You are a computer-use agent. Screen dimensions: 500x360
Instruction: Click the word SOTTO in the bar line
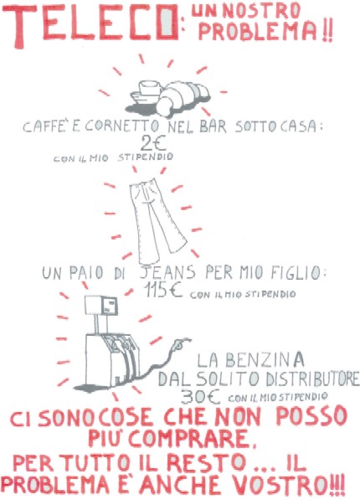tap(246, 128)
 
